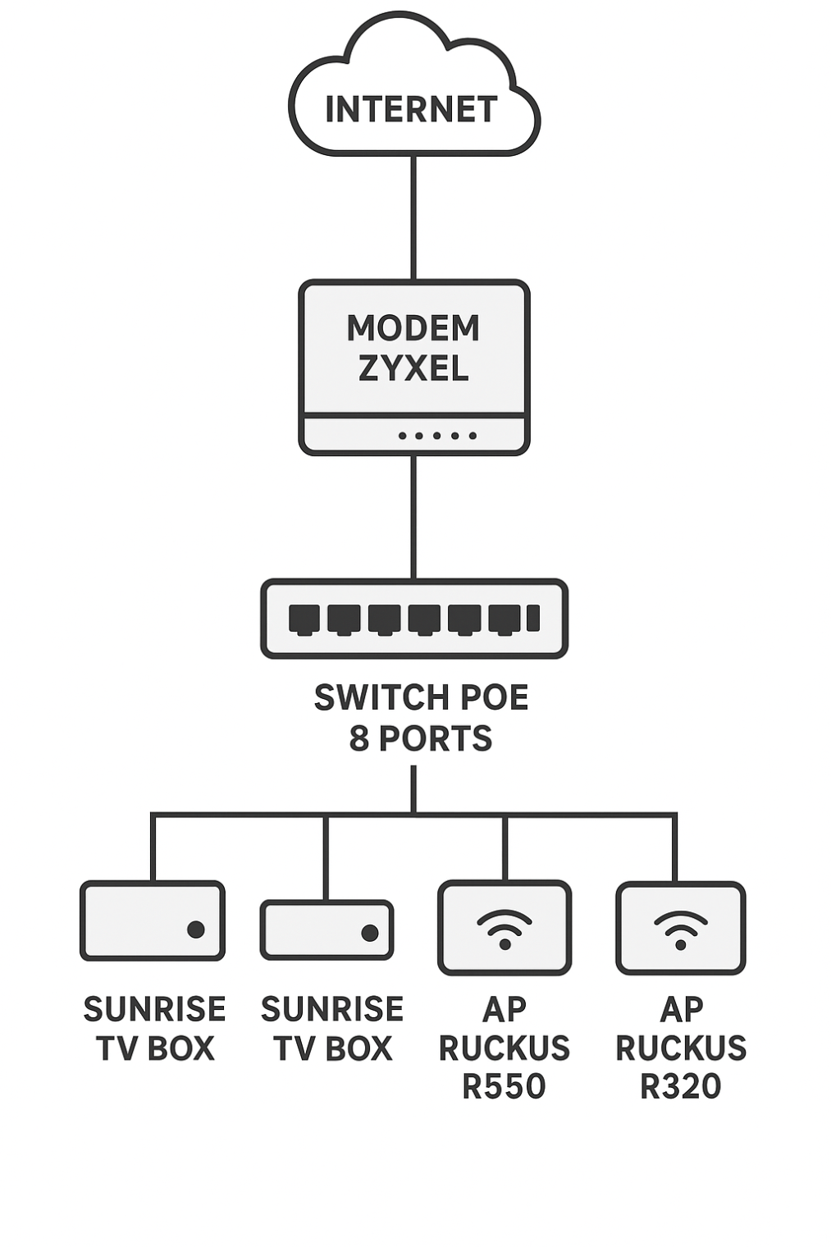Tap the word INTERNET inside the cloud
(x=412, y=110)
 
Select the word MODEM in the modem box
(x=413, y=328)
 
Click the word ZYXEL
(x=413, y=368)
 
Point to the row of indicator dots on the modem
(x=437, y=436)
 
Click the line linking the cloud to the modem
(x=413, y=217)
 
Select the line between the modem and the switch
(x=413, y=517)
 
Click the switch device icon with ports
(x=413, y=619)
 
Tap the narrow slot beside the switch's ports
(x=533, y=618)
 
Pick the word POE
(x=495, y=698)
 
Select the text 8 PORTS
(x=421, y=738)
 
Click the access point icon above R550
(x=505, y=928)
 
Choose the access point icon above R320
(x=681, y=928)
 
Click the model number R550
(x=504, y=1086)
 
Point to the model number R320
(x=681, y=1086)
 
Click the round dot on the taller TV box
(x=196, y=930)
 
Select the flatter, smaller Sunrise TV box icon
(x=326, y=930)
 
